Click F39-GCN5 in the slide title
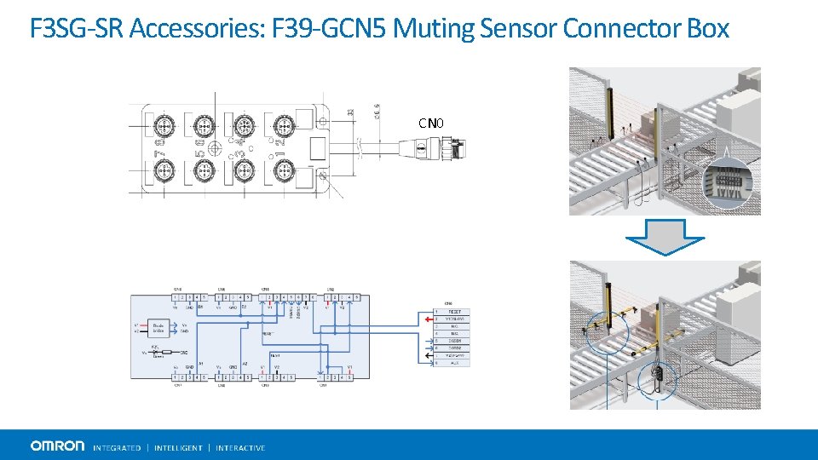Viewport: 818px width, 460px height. click(329, 29)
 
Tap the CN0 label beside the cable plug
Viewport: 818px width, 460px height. click(431, 124)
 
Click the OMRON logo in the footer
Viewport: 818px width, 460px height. click(57, 446)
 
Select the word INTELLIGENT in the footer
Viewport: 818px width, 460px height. click(178, 447)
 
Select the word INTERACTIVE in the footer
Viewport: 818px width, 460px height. click(240, 447)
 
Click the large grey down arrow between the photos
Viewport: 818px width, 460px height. click(664, 238)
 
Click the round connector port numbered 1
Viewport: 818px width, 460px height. click(284, 172)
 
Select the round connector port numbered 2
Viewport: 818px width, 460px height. click(284, 129)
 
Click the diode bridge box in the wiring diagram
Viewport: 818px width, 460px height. click(158, 328)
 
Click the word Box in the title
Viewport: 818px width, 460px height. click(709, 29)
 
